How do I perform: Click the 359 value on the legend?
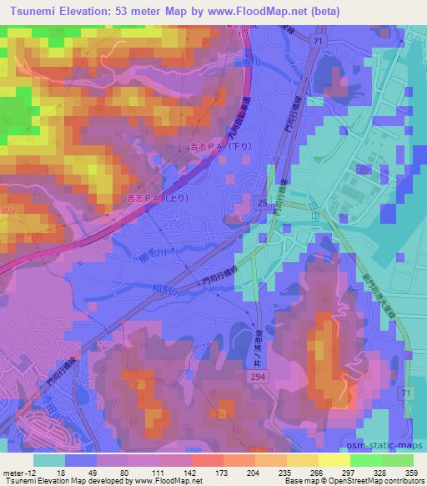pyautogui.click(x=408, y=472)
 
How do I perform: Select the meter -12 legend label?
pyautogui.click(x=18, y=472)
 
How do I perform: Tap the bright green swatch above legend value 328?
pyautogui.click(x=365, y=459)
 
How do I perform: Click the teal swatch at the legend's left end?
pyautogui.click(x=48, y=459)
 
